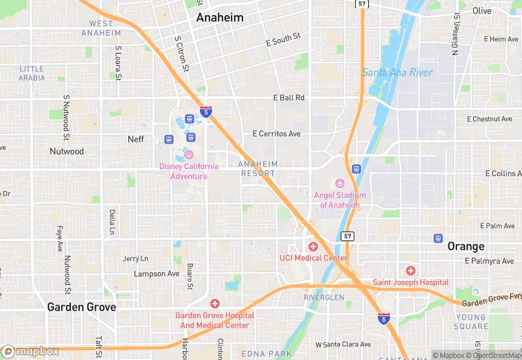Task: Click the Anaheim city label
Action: (220, 18)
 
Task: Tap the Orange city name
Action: (466, 246)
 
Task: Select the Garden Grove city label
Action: (81, 307)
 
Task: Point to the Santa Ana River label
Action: (398, 72)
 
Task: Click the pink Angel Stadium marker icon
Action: (339, 183)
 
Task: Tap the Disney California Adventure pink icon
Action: (188, 154)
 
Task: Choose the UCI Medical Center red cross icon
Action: (313, 246)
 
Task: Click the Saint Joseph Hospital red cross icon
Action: (410, 271)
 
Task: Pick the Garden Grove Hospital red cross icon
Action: (215, 303)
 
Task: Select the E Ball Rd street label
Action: (288, 98)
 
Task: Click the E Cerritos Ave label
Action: (276, 133)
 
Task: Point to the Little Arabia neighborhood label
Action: (32, 74)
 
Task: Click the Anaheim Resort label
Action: (258, 169)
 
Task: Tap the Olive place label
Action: (481, 11)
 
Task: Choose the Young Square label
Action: (471, 322)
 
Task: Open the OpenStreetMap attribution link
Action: (493, 355)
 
